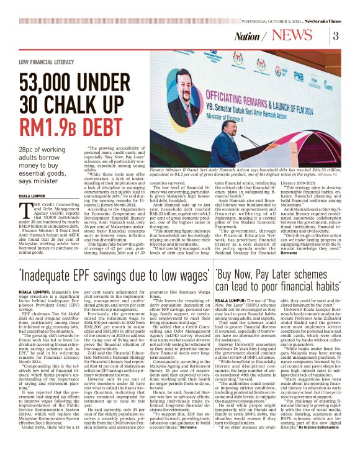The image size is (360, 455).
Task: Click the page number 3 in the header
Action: coord(336,35)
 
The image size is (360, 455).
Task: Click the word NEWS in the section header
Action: coord(302,35)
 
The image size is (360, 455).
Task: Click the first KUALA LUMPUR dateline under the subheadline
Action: coord(32,194)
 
